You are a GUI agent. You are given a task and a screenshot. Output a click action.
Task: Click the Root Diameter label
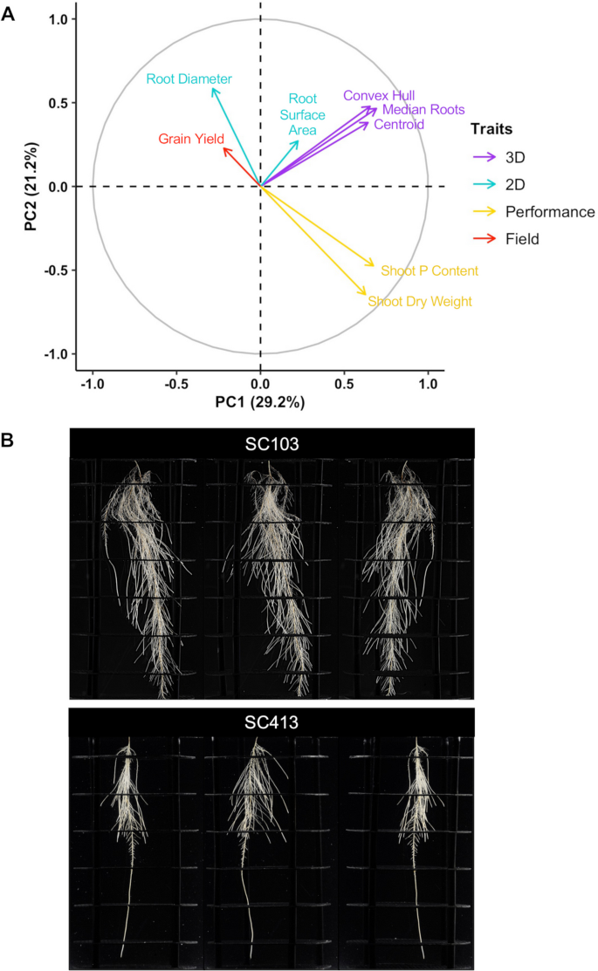click(x=189, y=79)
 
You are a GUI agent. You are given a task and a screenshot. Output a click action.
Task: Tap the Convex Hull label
click(x=379, y=95)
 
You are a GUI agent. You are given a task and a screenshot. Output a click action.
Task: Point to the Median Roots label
click(x=423, y=110)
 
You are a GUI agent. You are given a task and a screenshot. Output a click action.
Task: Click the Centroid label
click(x=399, y=125)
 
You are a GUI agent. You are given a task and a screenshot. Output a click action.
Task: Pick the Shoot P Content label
click(x=430, y=271)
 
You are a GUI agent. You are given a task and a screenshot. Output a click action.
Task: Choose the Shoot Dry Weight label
click(x=420, y=302)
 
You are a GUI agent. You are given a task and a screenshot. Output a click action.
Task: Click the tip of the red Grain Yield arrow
click(x=223, y=147)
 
